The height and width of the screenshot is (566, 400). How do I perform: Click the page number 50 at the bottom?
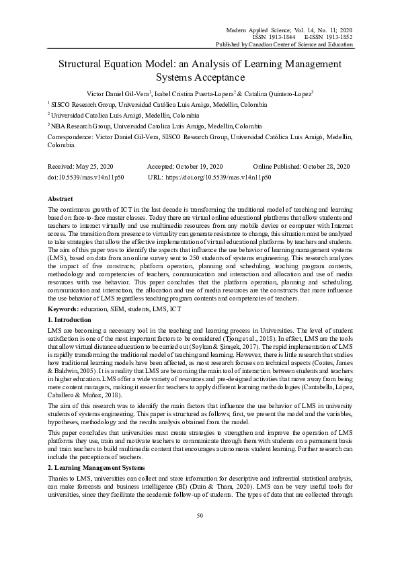pyautogui.click(x=200, y=534)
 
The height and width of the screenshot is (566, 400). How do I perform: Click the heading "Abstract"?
pyautogui.click(x=61, y=200)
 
